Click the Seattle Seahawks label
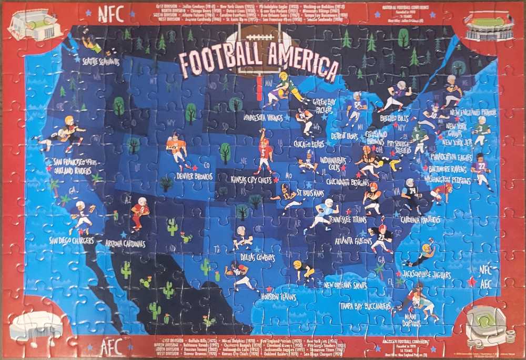[100, 62]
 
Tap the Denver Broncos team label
[195, 176]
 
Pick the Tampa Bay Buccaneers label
[365, 305]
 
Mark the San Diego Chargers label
[72, 240]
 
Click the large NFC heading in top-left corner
[110, 15]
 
